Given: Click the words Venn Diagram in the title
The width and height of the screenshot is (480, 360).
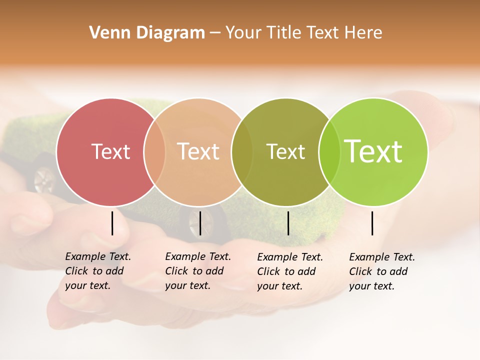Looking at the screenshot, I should tap(147, 33).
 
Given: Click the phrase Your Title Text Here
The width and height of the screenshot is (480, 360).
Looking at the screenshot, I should tap(303, 33).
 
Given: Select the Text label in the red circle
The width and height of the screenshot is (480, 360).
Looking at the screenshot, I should tap(110, 151).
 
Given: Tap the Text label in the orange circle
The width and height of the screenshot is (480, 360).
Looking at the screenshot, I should tap(198, 151).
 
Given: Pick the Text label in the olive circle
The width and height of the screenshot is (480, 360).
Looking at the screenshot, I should tap(285, 151).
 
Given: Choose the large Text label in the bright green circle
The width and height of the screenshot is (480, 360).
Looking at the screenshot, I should tap(373, 151).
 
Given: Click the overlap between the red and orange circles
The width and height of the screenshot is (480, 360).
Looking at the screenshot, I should tap(154, 151).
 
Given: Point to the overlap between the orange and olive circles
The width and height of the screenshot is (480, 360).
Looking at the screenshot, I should tap(242, 151).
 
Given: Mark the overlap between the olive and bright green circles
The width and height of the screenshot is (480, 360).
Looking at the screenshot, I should tap(329, 151).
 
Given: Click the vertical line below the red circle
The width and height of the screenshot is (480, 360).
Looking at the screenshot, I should tap(112, 223).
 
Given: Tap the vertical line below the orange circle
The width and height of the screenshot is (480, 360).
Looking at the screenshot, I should tap(200, 223).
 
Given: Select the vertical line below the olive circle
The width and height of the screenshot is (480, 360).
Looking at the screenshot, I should tap(288, 223).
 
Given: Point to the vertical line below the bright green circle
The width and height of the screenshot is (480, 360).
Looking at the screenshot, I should tap(372, 223).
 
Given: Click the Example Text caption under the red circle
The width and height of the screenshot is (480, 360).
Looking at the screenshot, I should tap(97, 271).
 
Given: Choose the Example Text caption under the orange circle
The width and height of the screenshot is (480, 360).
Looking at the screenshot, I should tap(197, 271).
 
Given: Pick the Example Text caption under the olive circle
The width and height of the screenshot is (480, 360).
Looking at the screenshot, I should tap(289, 271).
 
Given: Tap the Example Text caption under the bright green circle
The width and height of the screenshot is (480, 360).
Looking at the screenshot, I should tap(381, 271).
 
